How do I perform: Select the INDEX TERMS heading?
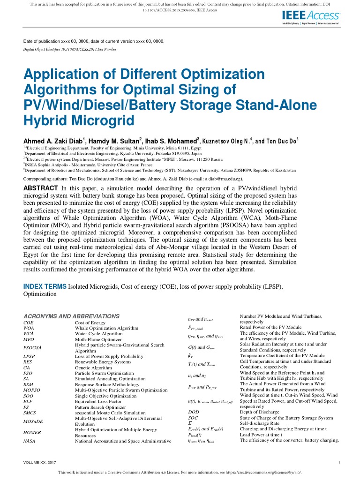(45, 286)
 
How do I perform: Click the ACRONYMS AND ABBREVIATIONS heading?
(71, 316)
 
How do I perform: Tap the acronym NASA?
(30, 442)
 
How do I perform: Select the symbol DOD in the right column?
(193, 412)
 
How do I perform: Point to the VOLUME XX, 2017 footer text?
(40, 463)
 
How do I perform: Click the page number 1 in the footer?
(338, 463)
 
